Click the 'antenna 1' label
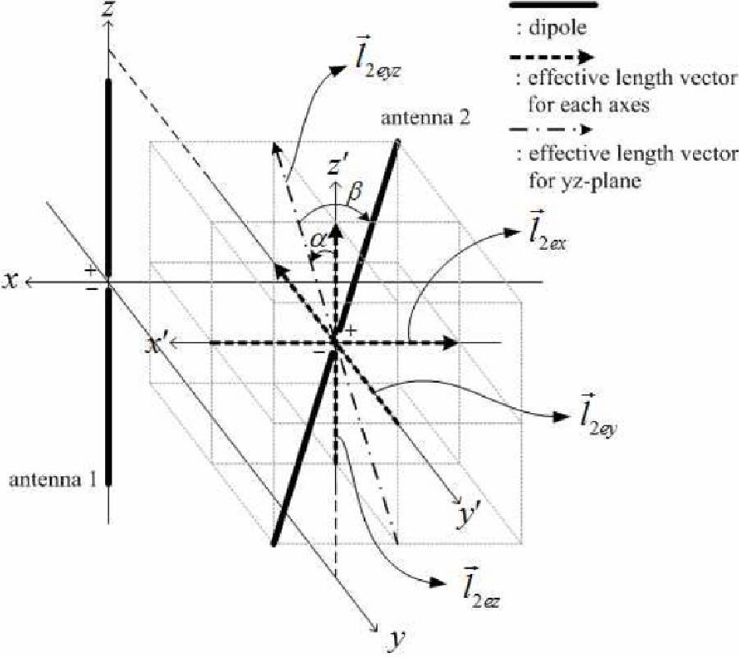click(x=53, y=480)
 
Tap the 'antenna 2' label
click(x=425, y=117)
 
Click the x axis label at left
click(x=11, y=281)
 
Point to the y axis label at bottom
click(x=396, y=640)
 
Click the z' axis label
click(x=338, y=167)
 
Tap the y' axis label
click(x=466, y=516)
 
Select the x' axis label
click(x=155, y=346)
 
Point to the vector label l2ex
click(x=548, y=232)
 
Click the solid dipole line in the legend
click(x=553, y=5)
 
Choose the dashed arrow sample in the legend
click(x=552, y=57)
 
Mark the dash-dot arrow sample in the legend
click(x=551, y=129)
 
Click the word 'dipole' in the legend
click(x=558, y=28)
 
